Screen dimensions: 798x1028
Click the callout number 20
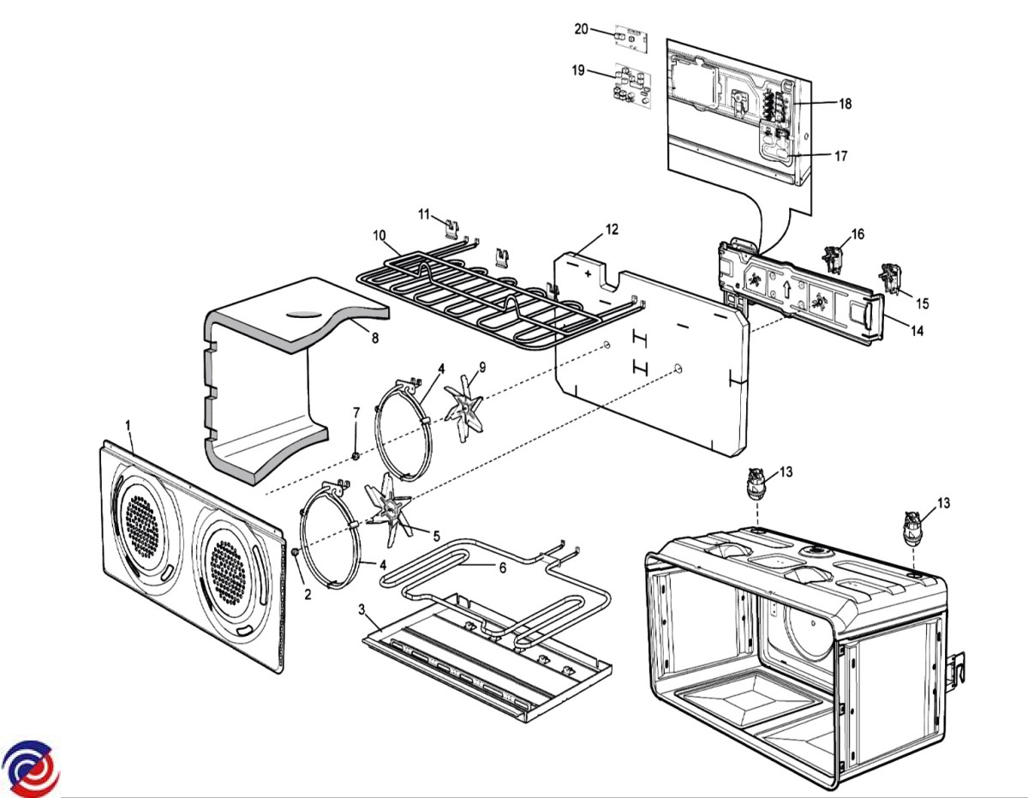[x=582, y=29]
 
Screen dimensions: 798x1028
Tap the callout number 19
[x=578, y=70]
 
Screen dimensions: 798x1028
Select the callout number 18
[x=845, y=104]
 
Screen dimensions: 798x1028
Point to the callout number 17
[x=840, y=156]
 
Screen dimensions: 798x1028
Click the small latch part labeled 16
[x=830, y=256]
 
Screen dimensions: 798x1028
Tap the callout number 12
[x=611, y=229]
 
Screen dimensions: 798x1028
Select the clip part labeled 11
[x=452, y=227]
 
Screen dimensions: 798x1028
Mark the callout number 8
[x=374, y=338]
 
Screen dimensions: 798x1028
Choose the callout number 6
[x=503, y=567]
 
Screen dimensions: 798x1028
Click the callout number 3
[x=362, y=609]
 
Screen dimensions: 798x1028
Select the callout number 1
[x=128, y=425]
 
